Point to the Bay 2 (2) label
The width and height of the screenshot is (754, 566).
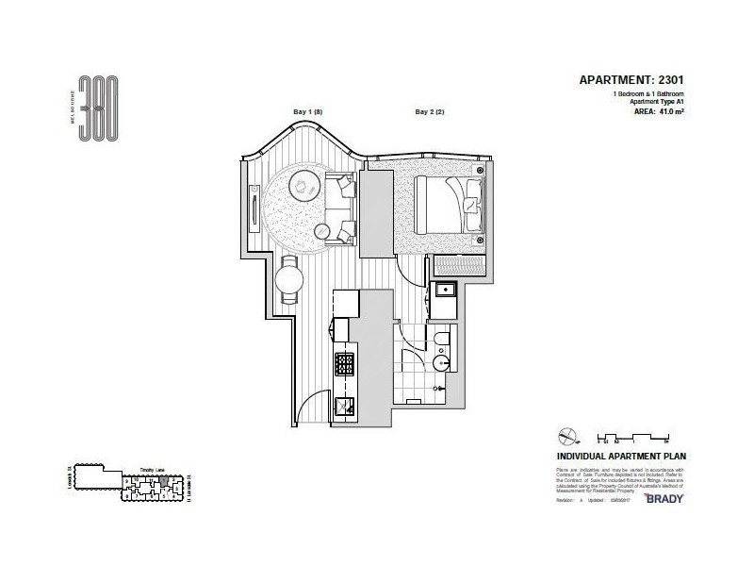[x=430, y=112]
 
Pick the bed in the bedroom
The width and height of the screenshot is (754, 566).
[x=450, y=200]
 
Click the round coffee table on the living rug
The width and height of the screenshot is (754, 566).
[x=303, y=187]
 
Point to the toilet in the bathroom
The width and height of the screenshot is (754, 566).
[x=442, y=341]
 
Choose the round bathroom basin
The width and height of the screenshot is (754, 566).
[x=440, y=365]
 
